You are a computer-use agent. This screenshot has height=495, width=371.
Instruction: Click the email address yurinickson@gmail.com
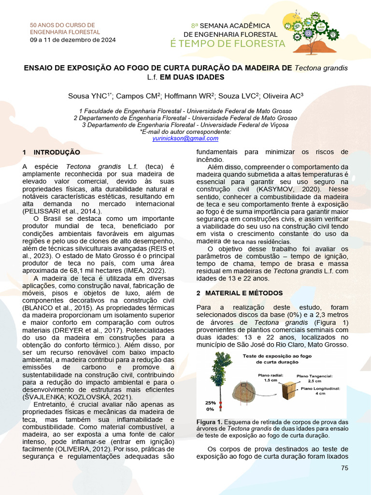tap(185, 138)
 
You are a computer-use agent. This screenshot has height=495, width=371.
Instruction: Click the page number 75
tap(344, 468)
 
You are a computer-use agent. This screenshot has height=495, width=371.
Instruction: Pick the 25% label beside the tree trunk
tap(210, 402)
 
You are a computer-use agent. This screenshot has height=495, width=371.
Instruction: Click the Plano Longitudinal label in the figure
tap(320, 388)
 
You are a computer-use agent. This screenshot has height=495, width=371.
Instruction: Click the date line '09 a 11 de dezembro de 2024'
tap(73, 40)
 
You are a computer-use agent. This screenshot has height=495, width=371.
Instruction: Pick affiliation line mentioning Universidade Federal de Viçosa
tap(185, 125)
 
